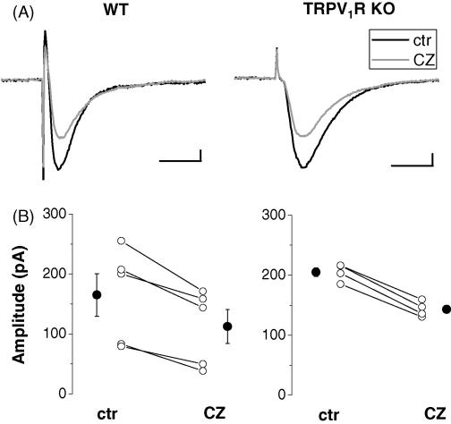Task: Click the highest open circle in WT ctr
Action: click(121, 241)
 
